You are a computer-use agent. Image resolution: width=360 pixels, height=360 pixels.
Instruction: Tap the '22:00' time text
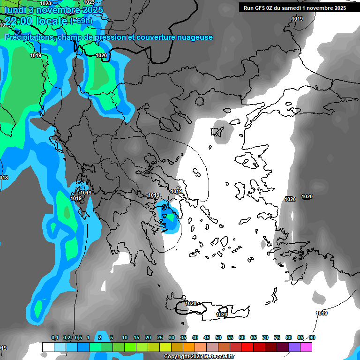(x=18, y=21)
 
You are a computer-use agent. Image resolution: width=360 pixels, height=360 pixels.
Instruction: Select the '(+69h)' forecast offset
(x=81, y=21)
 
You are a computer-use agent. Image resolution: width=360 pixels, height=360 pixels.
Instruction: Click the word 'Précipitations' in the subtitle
(x=29, y=37)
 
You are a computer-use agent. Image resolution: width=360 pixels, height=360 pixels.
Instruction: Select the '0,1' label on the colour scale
(x=55, y=338)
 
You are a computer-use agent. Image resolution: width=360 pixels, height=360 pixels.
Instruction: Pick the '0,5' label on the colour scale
(x=78, y=338)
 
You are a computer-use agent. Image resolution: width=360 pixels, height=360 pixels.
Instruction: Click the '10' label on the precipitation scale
(x=125, y=338)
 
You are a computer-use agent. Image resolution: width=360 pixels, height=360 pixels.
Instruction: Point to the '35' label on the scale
(x=183, y=338)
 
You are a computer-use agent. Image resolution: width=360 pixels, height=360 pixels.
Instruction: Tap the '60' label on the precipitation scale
(x=242, y=338)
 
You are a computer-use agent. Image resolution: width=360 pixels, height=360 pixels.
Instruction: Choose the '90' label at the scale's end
(x=312, y=338)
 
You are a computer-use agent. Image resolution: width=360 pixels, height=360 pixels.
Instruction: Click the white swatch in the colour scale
(x=48, y=347)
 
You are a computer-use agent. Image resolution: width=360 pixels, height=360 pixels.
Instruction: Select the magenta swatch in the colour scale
(x=306, y=347)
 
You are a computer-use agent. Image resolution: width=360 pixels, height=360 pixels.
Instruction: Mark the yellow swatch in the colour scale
(x=165, y=347)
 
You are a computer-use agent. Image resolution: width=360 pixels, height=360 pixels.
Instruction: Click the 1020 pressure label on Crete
(x=222, y=315)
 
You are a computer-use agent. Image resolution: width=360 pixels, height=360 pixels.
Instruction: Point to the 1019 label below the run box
(x=297, y=19)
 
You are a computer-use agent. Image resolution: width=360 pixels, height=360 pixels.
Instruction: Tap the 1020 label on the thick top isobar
(x=101, y=55)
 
